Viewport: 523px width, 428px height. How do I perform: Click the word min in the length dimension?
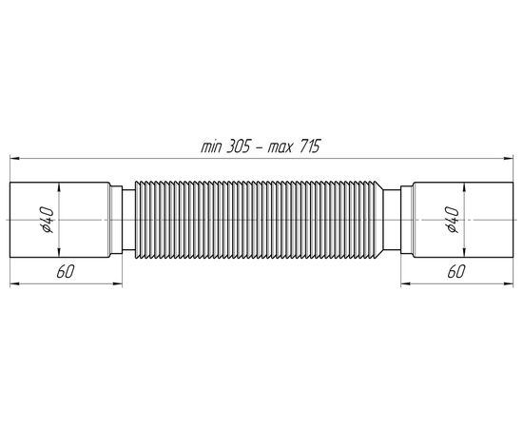click(211, 146)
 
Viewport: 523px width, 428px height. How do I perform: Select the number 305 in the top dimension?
click(238, 146)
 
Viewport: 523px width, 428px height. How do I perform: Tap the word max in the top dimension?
click(280, 146)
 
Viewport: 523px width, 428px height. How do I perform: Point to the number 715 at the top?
click(309, 146)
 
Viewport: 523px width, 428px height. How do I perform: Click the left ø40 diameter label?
click(48, 220)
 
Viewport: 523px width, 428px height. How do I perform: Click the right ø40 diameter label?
click(453, 220)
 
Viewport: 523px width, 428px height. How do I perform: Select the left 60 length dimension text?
click(65, 272)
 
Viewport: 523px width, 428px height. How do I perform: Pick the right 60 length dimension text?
click(455, 272)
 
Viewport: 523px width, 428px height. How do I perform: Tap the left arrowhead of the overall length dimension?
click(14, 159)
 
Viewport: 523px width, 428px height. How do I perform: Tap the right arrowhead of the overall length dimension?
click(509, 159)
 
